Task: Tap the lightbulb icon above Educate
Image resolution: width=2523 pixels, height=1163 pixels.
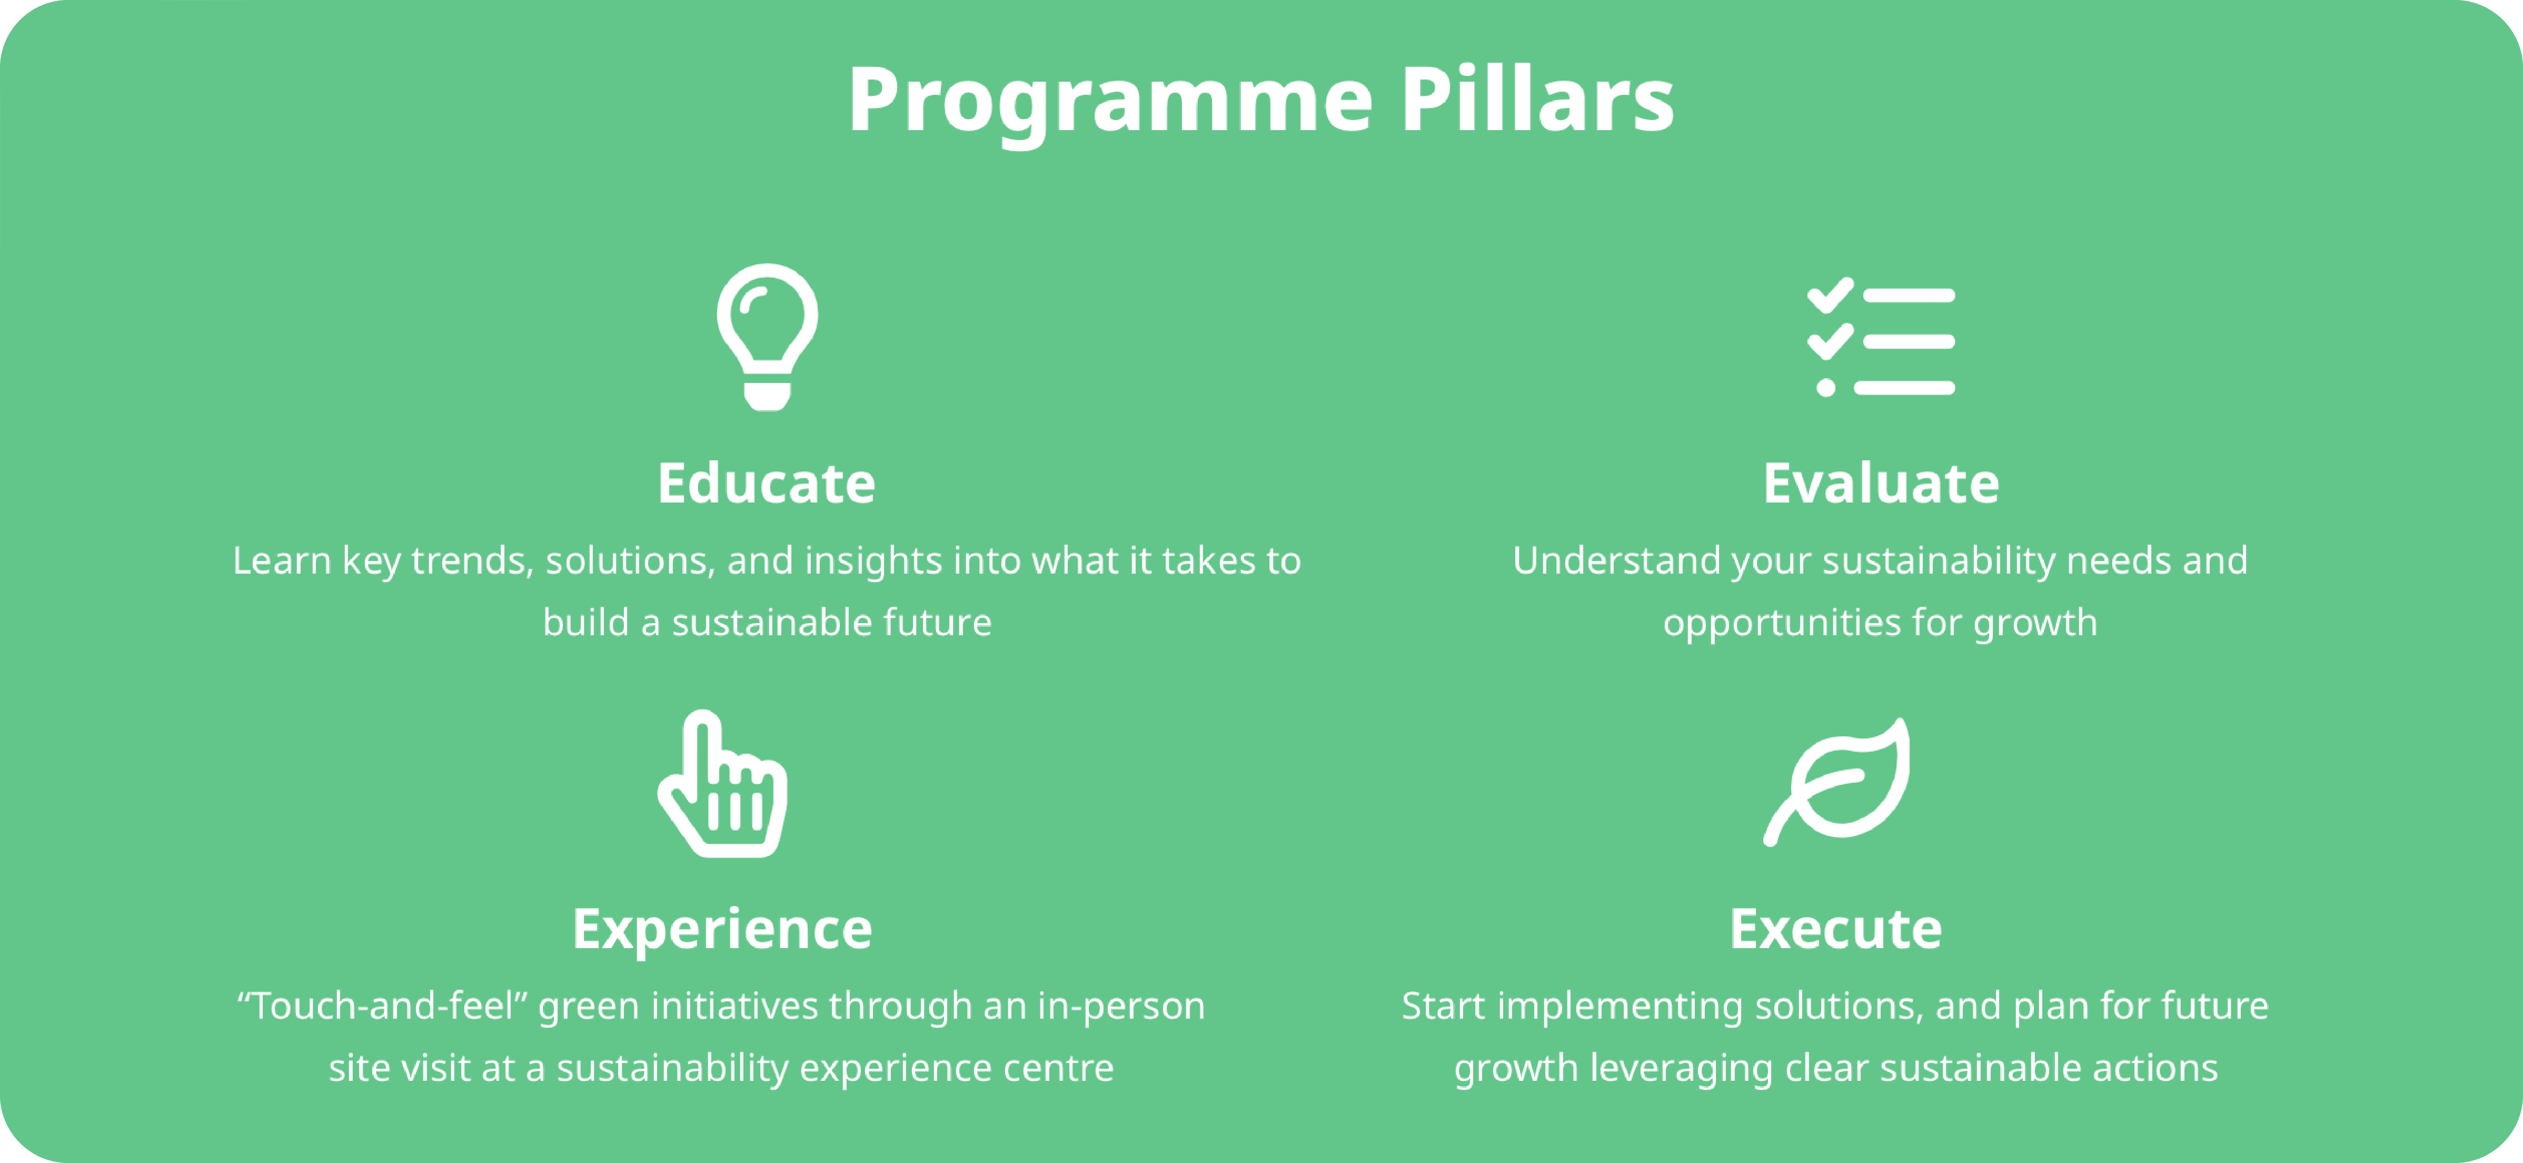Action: pyautogui.click(x=767, y=336)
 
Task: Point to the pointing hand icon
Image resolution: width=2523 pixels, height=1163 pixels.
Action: pyautogui.click(x=723, y=784)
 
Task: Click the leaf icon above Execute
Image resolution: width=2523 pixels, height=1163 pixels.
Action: pyautogui.click(x=1836, y=782)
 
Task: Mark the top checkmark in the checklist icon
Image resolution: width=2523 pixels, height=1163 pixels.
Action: pyautogui.click(x=1830, y=295)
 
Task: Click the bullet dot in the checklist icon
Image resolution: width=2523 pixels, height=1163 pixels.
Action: pyautogui.click(x=1826, y=388)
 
